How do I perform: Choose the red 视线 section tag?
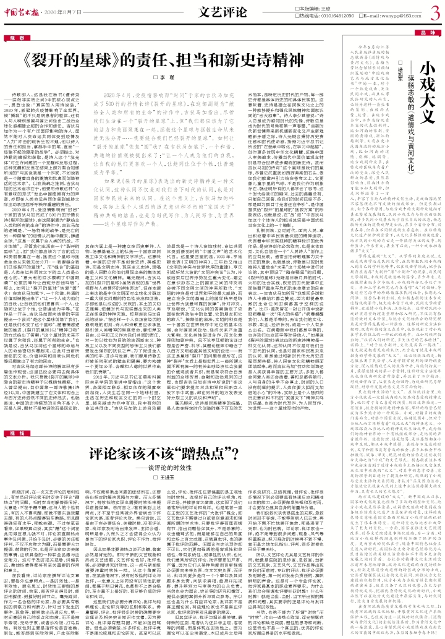coord(16,399)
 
